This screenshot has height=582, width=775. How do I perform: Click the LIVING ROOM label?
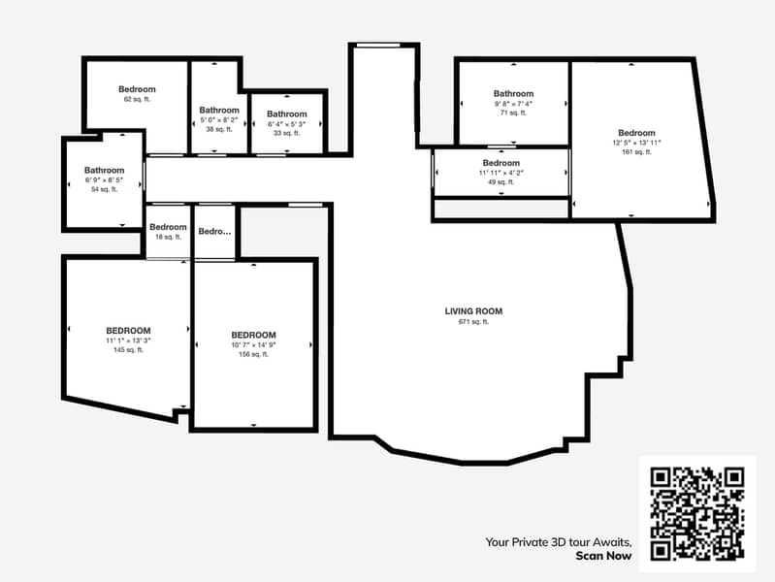point(473,311)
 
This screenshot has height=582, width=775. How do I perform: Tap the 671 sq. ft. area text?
point(473,322)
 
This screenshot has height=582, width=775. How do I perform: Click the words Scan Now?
point(603,556)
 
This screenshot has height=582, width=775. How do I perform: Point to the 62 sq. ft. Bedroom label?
point(137,89)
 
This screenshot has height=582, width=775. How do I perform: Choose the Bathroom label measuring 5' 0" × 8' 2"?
point(219,110)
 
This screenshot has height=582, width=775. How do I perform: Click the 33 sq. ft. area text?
point(287,133)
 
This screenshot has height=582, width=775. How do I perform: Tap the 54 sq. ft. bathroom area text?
point(104,189)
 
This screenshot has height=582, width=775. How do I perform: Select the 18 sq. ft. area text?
point(168,237)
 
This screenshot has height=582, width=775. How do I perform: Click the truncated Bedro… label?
point(215,232)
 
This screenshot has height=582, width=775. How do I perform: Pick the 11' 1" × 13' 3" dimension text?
point(129,340)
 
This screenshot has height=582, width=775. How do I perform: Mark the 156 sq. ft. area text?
point(253,354)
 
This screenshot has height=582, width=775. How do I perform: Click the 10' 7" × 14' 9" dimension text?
point(253,344)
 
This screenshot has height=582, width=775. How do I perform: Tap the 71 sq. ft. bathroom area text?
point(513,113)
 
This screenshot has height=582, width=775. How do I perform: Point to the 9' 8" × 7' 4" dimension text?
point(513,103)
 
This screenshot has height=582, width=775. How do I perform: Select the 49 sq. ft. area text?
point(501,181)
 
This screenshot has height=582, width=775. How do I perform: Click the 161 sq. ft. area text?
point(636,151)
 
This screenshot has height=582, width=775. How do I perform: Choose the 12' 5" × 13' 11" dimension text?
point(636,143)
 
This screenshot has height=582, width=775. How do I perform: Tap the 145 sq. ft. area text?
point(129,350)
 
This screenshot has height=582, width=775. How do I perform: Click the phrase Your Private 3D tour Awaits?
point(559,542)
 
